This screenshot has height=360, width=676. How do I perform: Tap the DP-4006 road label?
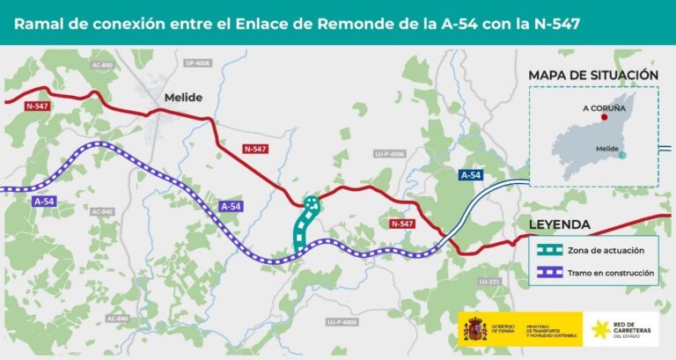pyautogui.click(x=198, y=63)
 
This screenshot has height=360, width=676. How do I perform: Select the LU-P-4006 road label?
pyautogui.click(x=389, y=154)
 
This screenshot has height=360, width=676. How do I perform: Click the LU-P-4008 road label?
pyautogui.click(x=342, y=321)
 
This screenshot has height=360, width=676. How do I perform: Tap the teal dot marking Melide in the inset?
pyautogui.click(x=622, y=156)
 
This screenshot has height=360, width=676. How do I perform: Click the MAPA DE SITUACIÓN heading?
pyautogui.click(x=593, y=76)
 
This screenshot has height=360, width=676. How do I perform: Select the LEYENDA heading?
pyautogui.click(x=560, y=224)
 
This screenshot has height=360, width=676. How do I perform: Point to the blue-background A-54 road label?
pyautogui.click(x=471, y=175)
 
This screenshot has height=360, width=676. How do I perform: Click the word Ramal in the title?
pyautogui.click(x=40, y=21)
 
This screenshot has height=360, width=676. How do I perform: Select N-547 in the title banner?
pyautogui.click(x=549, y=21)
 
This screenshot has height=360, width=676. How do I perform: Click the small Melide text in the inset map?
pyautogui.click(x=607, y=149)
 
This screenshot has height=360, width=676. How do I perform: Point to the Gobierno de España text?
pyautogui.click(x=504, y=325)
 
